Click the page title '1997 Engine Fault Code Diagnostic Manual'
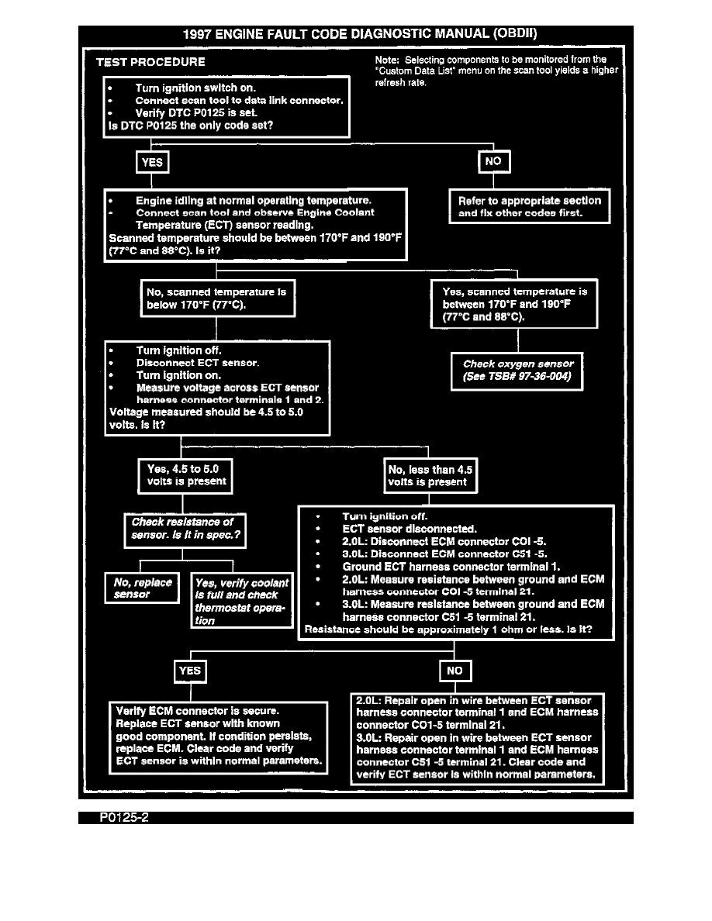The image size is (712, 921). (359, 34)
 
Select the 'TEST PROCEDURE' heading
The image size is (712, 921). (150, 62)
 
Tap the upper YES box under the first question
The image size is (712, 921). (153, 163)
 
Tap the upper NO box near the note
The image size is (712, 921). (494, 162)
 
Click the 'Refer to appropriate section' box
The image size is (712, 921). (530, 206)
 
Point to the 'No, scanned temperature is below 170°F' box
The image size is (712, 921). (216, 298)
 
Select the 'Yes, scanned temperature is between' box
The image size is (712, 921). (514, 304)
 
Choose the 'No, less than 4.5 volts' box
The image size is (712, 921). (430, 475)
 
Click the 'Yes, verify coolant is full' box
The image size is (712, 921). (242, 601)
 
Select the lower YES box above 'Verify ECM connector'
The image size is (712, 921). (190, 671)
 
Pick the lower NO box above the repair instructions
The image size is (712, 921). (455, 671)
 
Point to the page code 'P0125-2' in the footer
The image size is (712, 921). (123, 819)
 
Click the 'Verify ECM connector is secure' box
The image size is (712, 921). (218, 737)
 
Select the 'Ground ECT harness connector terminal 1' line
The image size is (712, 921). (451, 566)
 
